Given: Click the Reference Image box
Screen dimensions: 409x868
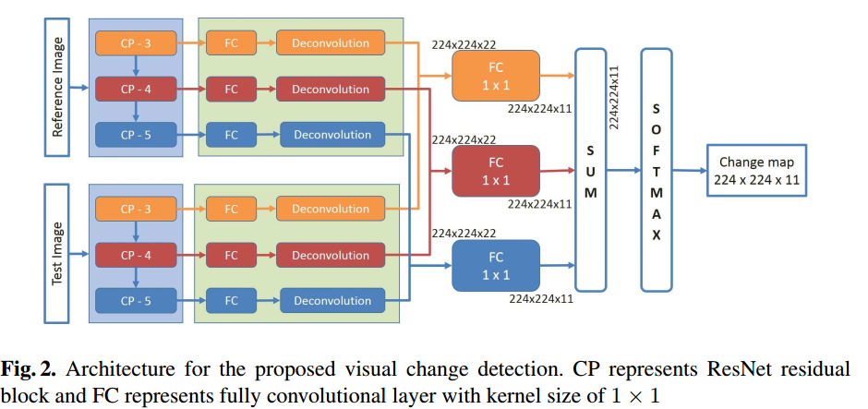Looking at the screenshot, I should click(x=57, y=89).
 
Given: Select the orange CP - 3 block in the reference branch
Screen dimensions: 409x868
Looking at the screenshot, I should click(x=136, y=42).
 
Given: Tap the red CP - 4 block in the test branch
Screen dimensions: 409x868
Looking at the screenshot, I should click(x=136, y=255).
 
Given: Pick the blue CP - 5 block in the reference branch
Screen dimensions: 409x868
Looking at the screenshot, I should click(x=136, y=135).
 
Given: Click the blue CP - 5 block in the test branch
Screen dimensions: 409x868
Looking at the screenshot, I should click(x=136, y=300).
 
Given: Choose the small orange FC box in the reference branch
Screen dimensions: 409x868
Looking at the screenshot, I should click(x=231, y=42).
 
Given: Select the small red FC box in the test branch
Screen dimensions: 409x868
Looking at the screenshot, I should click(x=231, y=255).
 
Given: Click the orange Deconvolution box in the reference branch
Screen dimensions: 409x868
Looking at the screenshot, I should click(x=330, y=42).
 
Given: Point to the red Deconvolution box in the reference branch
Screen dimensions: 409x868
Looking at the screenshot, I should click(x=330, y=90).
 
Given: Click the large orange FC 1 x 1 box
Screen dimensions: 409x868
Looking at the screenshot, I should click(x=495, y=76).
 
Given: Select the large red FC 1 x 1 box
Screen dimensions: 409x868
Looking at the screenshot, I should click(x=495, y=170).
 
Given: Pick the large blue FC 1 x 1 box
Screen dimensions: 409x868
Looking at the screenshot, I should click(x=495, y=265).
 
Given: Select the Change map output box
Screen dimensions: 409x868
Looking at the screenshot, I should click(x=755, y=170).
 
